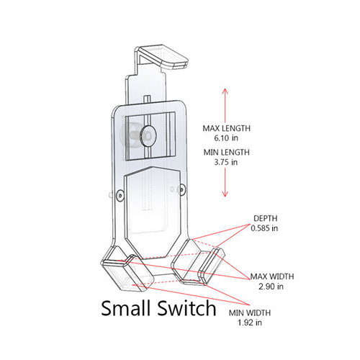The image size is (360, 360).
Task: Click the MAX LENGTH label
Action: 226,128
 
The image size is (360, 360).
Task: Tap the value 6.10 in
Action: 226,138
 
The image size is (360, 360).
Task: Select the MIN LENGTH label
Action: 227,153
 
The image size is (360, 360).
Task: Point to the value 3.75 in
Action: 226,162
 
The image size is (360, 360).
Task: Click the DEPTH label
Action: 266,218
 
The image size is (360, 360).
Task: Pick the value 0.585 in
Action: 264,228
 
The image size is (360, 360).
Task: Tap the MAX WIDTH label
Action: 272,276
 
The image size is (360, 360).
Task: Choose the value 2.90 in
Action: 271,287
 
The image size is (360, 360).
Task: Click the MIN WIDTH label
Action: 250,312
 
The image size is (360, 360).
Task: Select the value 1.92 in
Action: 250,323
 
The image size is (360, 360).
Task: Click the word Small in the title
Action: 127,308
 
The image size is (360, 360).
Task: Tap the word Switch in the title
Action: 186,308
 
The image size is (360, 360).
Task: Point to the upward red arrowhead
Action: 225,91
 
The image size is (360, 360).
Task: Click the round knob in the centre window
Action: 148,135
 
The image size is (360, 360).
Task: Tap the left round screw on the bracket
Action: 120,195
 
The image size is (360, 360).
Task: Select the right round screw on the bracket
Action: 182,189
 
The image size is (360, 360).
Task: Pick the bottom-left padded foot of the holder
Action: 127,273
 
